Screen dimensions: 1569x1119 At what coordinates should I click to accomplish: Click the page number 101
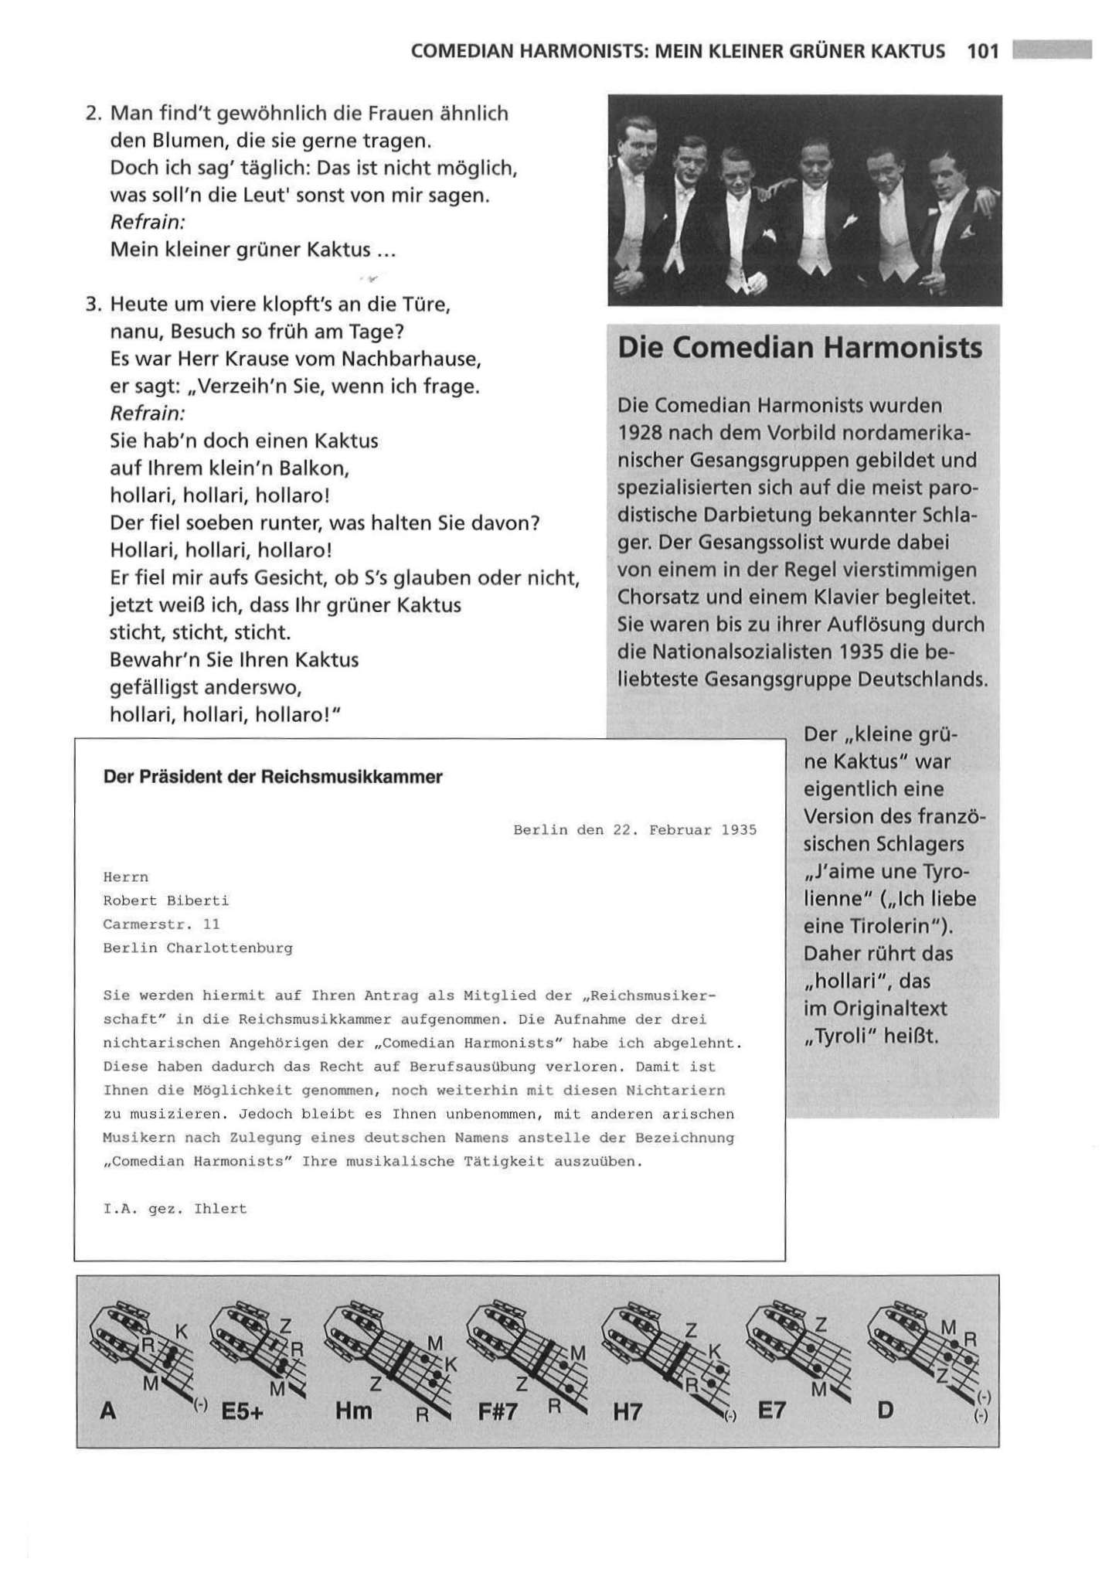point(982,52)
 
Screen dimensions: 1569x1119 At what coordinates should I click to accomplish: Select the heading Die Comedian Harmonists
point(800,348)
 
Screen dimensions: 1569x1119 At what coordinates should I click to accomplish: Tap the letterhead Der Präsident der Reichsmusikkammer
point(273,777)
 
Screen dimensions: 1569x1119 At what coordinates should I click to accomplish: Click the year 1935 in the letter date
point(739,830)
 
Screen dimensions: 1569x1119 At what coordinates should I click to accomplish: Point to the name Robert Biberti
point(165,900)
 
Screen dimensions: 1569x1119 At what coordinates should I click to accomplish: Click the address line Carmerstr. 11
point(162,924)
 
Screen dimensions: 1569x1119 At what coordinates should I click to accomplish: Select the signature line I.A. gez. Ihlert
point(175,1209)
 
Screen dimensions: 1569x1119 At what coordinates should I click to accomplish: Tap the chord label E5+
point(242,1411)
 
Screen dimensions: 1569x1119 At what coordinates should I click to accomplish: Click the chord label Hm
point(354,1411)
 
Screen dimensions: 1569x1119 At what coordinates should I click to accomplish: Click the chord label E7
point(771,1411)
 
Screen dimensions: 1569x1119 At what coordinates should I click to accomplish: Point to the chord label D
point(885,1411)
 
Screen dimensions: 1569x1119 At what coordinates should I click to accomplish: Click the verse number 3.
point(94,305)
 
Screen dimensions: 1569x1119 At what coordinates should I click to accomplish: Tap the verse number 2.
point(94,114)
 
